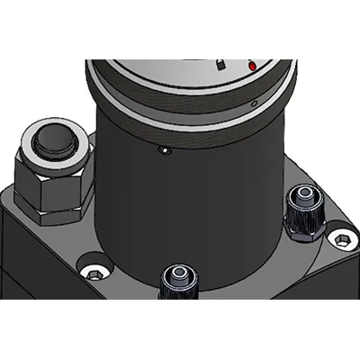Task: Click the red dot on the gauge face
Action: coord(253,67)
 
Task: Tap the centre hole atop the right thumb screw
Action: coord(303,194)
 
